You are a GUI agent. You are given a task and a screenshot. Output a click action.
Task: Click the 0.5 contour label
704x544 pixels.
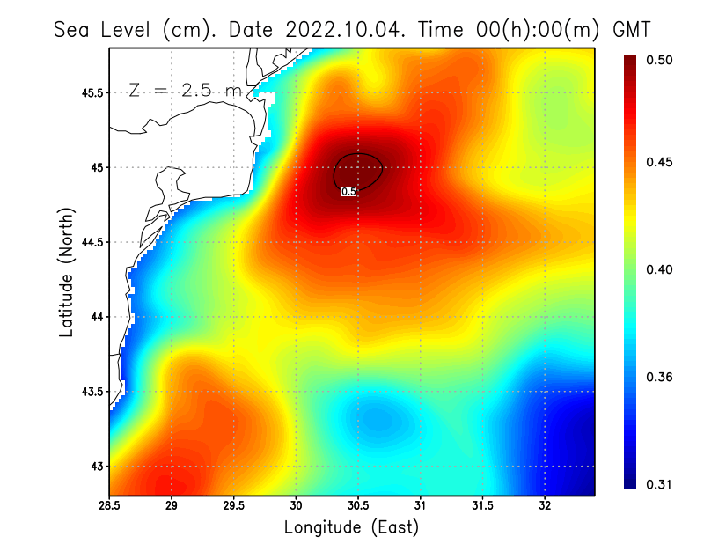tap(348, 191)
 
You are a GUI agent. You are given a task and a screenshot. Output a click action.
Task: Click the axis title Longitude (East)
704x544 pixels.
tap(351, 527)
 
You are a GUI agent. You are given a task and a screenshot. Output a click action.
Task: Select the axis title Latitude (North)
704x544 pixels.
tap(66, 273)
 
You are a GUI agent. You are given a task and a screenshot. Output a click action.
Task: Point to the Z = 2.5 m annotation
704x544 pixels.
tap(185, 91)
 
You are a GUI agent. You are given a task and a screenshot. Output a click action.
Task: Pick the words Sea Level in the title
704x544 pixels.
tap(104, 29)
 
